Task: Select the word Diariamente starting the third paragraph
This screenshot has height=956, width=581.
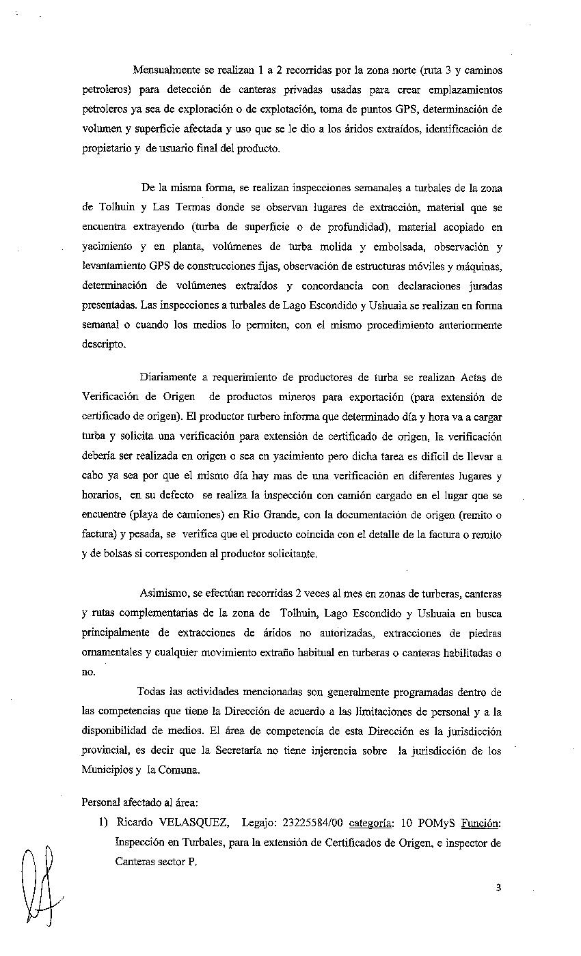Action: coord(168,377)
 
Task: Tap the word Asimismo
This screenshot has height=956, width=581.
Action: coord(163,594)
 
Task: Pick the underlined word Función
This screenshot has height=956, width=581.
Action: coord(481,824)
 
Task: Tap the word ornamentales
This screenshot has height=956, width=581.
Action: coord(112,652)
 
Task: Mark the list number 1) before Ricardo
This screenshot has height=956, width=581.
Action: coord(104,824)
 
